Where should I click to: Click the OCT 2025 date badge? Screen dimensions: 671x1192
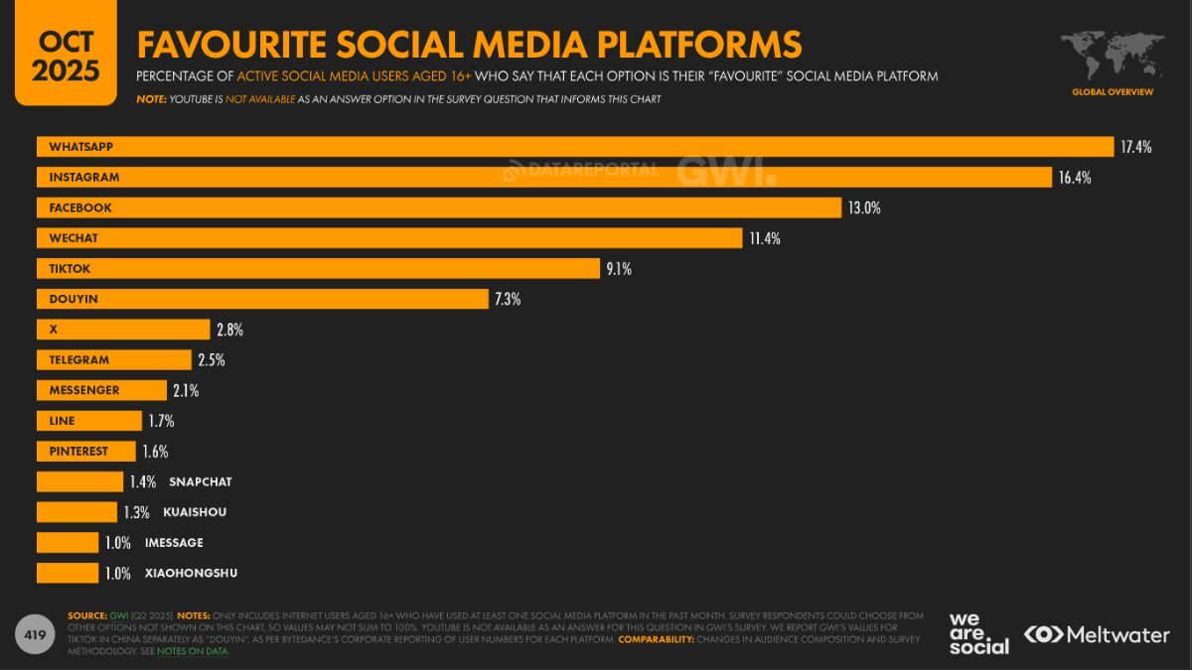pyautogui.click(x=65, y=56)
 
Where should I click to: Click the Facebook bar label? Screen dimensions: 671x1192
pyautogui.click(x=80, y=208)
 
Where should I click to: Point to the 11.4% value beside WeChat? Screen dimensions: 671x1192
pyautogui.click(x=766, y=238)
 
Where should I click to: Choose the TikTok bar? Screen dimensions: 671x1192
pyautogui.click(x=318, y=269)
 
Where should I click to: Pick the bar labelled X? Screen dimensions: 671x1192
pyautogui.click(x=123, y=330)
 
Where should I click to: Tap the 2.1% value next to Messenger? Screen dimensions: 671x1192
pyautogui.click(x=185, y=391)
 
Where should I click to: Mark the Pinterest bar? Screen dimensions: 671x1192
pyautogui.click(x=86, y=452)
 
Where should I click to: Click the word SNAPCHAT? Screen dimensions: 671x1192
pyautogui.click(x=200, y=482)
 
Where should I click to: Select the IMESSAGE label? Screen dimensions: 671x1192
pyautogui.click(x=174, y=543)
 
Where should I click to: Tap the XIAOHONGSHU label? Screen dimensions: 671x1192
pyautogui.click(x=191, y=574)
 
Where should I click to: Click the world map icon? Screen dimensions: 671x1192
pyautogui.click(x=1112, y=54)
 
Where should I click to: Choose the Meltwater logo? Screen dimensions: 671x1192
pyautogui.click(x=1096, y=634)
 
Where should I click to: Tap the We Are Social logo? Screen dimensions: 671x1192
pyautogui.click(x=977, y=633)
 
